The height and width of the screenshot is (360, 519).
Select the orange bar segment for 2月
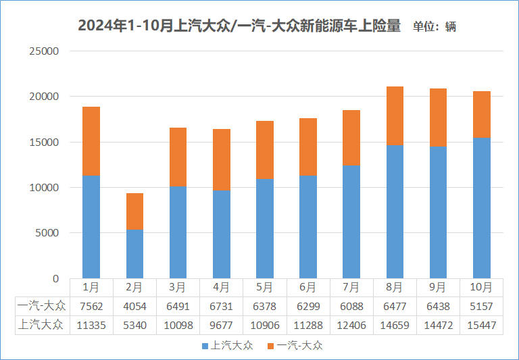[x=134, y=211]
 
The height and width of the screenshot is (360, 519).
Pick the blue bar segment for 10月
[x=481, y=208]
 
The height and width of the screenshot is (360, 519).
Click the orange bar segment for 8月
[x=395, y=116]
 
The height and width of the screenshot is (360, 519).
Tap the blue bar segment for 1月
[x=91, y=226]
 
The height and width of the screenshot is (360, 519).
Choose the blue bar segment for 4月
[x=221, y=234]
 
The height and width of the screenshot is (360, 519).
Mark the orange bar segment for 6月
[x=308, y=147]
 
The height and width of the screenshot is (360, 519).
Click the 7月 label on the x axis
[x=351, y=287]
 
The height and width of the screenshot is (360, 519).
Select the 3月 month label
[x=178, y=287]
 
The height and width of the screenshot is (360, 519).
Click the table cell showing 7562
[x=91, y=307]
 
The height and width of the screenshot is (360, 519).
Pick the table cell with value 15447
[x=481, y=325]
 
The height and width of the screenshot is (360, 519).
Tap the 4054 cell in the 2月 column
[x=134, y=307]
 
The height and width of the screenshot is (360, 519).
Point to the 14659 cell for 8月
[x=395, y=325]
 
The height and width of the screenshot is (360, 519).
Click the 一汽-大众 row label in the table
[x=40, y=307]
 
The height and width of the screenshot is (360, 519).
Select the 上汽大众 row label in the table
[x=40, y=325]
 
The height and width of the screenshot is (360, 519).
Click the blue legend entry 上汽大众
[x=227, y=346]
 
